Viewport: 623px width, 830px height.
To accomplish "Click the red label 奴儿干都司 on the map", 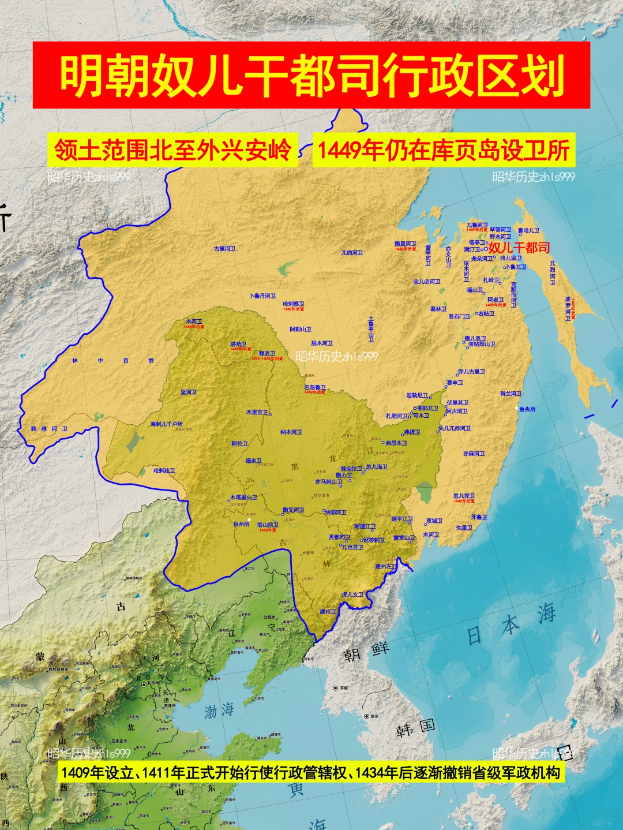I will (519, 248).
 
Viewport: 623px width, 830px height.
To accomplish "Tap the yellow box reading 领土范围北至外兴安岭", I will (172, 150).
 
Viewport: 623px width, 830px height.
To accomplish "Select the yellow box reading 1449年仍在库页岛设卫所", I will (444, 150).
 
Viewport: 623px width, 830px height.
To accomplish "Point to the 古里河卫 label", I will (225, 249).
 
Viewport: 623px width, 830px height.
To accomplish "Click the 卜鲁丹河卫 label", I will (262, 296).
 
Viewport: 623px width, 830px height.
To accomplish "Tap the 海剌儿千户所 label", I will (166, 424).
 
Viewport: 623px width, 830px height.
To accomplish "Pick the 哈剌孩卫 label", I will (164, 470).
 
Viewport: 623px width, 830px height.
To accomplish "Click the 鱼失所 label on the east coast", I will (527, 409).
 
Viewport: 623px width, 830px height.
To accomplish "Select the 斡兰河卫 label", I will (511, 394).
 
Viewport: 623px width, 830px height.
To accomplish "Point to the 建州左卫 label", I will (386, 566).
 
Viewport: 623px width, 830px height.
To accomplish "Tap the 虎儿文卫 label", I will (352, 595).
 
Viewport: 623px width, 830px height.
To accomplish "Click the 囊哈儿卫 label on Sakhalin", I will (528, 231).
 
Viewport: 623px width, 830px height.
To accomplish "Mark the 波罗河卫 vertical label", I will (568, 309).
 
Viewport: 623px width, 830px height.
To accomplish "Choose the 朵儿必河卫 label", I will (427, 282).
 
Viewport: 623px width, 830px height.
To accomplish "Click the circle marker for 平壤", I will (336, 688).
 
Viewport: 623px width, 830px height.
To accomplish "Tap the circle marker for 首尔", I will (366, 716).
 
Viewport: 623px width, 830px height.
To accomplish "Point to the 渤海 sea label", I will (219, 710).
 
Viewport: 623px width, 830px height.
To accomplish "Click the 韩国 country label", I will (415, 728).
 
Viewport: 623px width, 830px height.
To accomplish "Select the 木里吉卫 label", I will (257, 412).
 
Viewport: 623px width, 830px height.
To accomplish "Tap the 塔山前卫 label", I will (268, 525).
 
